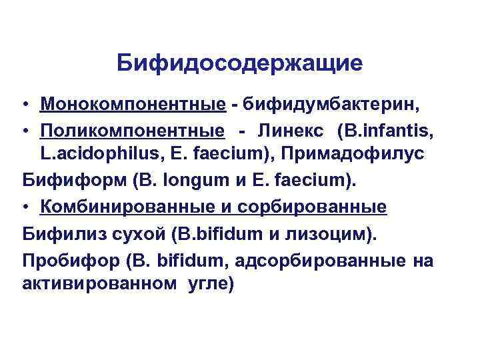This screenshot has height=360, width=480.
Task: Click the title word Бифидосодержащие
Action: (239, 63)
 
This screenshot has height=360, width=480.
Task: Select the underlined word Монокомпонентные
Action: (132, 105)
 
